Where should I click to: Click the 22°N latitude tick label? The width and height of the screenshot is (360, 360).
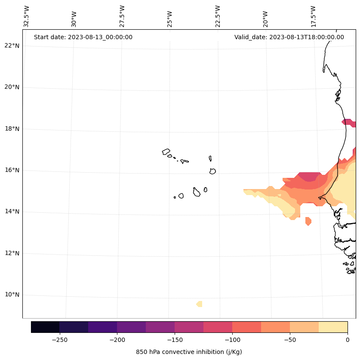click(x=12, y=46)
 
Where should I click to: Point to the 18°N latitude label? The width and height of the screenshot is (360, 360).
click(x=12, y=129)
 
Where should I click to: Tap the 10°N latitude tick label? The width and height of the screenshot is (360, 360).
click(x=12, y=295)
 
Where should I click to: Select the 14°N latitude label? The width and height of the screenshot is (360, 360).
click(x=12, y=211)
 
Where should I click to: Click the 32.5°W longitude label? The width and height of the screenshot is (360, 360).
click(x=27, y=17)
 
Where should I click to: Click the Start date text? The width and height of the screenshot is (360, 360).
click(x=83, y=37)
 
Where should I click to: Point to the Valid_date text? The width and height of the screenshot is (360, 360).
click(x=289, y=37)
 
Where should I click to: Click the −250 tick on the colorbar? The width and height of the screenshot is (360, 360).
click(x=59, y=340)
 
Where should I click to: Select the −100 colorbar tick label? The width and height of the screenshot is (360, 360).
click(x=232, y=340)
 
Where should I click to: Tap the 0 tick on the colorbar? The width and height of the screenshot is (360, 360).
click(x=347, y=340)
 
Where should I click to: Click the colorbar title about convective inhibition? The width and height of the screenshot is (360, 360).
click(x=189, y=352)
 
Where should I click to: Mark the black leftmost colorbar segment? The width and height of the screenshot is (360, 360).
click(x=45, y=327)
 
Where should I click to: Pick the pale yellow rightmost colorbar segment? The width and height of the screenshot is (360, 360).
click(x=333, y=327)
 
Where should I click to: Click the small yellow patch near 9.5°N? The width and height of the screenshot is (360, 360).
click(x=199, y=304)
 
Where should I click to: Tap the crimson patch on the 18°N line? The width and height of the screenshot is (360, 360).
click(x=348, y=123)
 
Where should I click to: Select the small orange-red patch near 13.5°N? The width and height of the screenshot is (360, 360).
click(x=308, y=221)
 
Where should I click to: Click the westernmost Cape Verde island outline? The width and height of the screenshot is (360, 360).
click(x=166, y=152)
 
